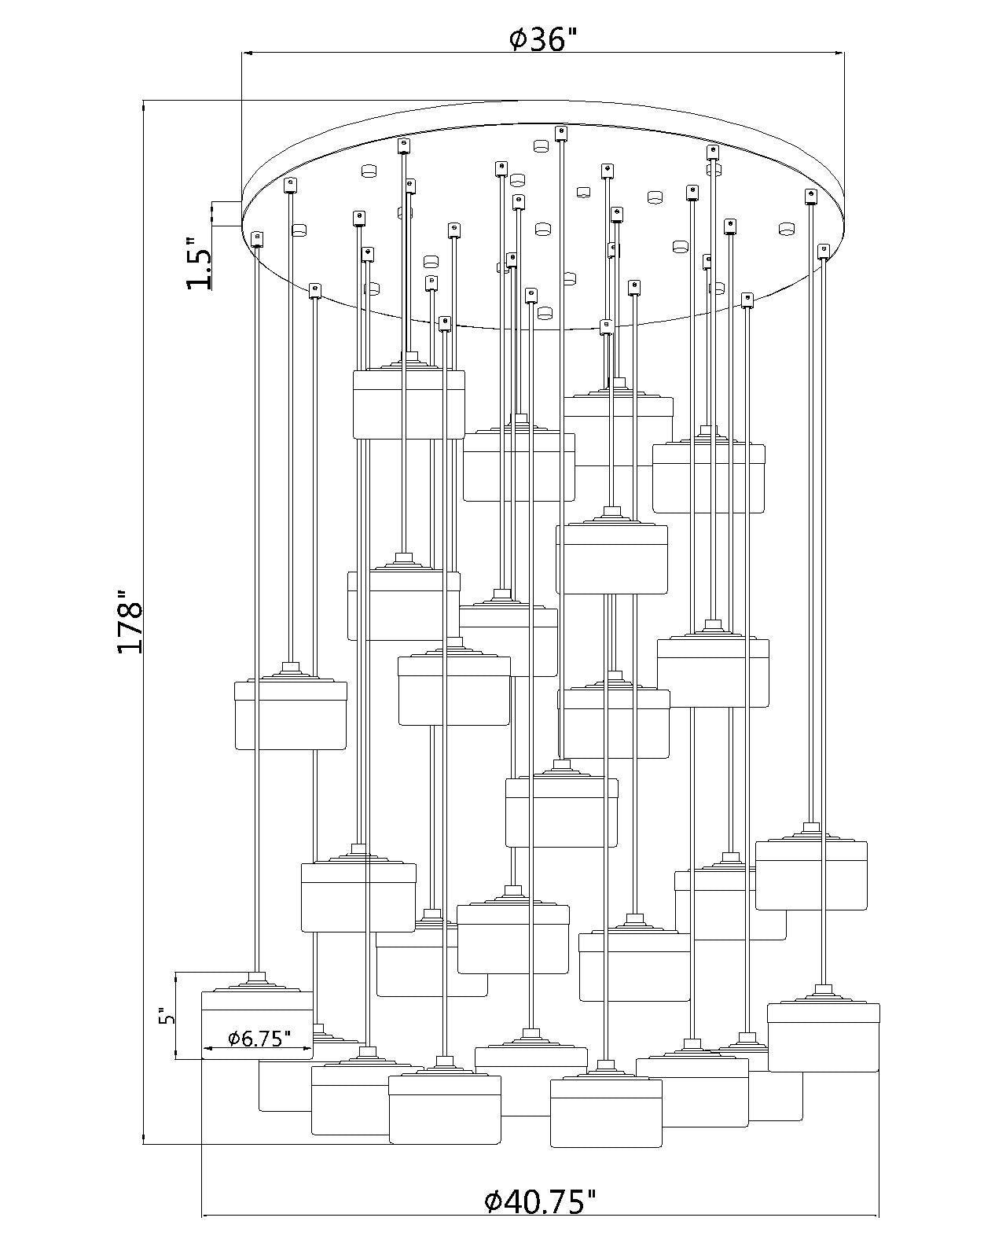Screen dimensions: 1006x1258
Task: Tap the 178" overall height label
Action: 130,621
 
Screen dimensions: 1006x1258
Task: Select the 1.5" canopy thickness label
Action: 198,263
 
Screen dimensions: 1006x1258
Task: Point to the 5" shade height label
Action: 167,1016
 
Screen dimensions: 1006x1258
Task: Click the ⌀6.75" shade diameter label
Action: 259,1038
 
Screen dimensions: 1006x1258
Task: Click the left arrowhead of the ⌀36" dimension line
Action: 247,53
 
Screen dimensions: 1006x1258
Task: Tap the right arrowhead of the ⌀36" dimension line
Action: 839,53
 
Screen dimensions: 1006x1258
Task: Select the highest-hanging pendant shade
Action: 409,404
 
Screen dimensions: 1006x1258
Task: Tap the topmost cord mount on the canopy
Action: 560,134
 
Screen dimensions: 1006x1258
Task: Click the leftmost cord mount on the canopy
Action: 256,239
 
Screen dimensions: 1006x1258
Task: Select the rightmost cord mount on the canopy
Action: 823,251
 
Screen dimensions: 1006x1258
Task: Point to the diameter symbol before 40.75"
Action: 493,1199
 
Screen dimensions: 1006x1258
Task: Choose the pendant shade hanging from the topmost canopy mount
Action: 561,812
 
